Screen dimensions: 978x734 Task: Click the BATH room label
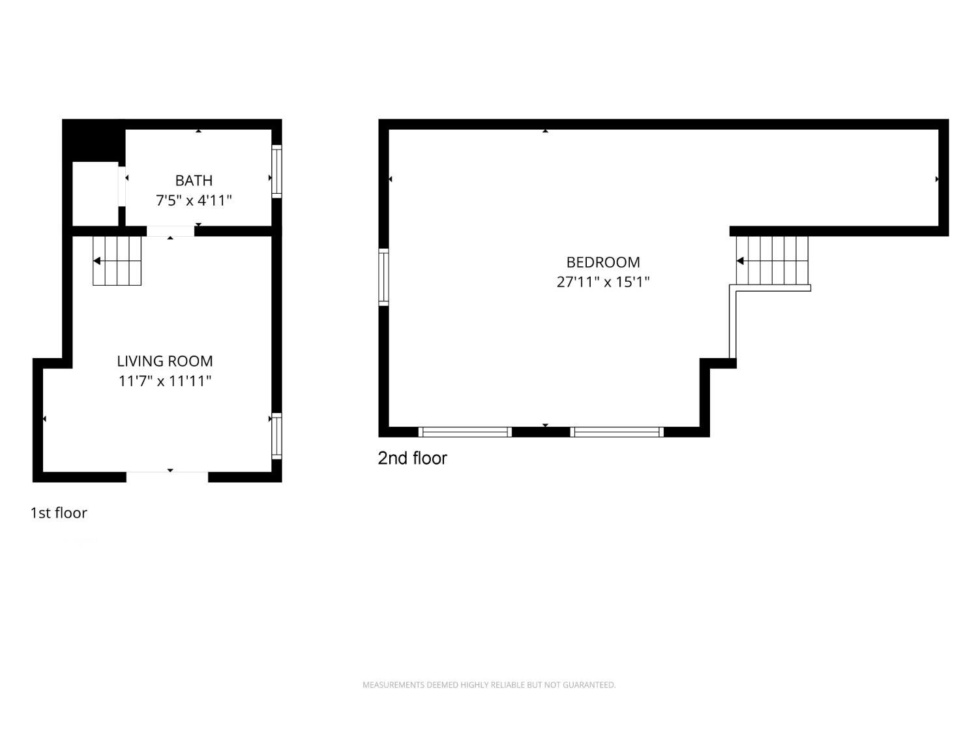[x=194, y=181]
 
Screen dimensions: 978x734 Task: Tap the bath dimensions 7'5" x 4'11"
[x=194, y=200]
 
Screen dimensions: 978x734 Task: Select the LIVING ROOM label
[x=165, y=361]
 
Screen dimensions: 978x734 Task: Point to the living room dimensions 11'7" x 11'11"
[x=165, y=382]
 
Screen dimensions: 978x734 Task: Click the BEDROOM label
[x=603, y=262]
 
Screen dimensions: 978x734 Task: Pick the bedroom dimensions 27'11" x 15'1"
[x=603, y=282]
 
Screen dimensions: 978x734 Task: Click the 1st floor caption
[x=59, y=513]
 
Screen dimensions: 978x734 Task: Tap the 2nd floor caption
[x=412, y=458]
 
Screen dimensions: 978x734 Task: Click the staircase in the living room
[x=117, y=261]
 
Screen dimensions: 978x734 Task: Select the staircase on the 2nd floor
[x=772, y=260]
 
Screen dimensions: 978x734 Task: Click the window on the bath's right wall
[x=276, y=171]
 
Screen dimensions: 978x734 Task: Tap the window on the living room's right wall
[x=276, y=436]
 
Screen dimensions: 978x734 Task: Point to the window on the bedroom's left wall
[x=383, y=277]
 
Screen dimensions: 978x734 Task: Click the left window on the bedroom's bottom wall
[x=465, y=432]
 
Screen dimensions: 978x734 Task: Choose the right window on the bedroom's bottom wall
[x=617, y=432]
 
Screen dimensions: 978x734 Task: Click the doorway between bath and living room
[x=171, y=232]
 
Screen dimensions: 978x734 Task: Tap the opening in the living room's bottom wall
[x=167, y=477]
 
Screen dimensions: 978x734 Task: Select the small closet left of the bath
[x=95, y=194]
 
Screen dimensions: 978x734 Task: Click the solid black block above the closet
[x=94, y=140]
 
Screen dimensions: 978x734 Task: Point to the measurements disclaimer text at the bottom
[x=489, y=684]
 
